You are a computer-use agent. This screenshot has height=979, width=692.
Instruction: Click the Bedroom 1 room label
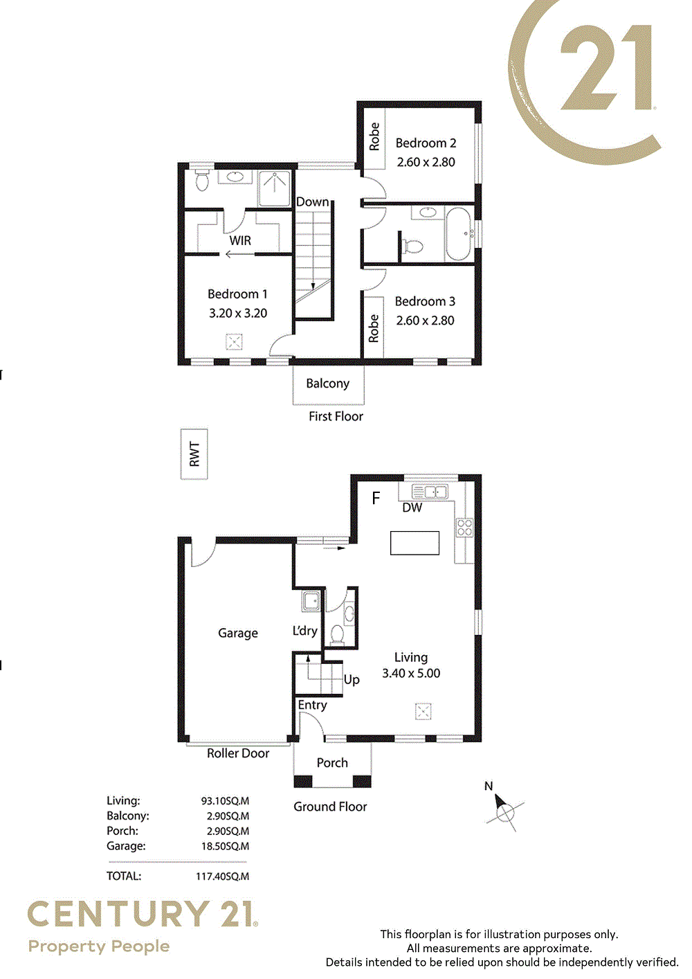[x=237, y=294]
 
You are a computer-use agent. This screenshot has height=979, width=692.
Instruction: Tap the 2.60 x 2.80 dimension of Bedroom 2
[x=426, y=162]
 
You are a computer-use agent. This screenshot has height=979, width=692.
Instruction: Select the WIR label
[x=240, y=240]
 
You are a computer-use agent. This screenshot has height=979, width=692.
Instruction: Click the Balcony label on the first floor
[x=327, y=384]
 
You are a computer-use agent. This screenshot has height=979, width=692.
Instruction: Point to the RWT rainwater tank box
[x=194, y=454]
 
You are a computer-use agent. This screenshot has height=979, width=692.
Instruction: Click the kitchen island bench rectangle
[x=415, y=543]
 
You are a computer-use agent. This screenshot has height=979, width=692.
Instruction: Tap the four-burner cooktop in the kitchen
[x=464, y=528]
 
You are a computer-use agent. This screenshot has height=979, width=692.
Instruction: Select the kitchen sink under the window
[x=430, y=492]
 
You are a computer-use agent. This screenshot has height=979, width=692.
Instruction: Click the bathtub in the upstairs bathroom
[x=459, y=234]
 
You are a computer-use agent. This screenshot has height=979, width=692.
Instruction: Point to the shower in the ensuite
[x=274, y=188]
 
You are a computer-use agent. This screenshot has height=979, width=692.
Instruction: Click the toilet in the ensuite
[x=202, y=180]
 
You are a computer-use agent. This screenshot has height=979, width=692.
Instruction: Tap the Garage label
[x=237, y=634]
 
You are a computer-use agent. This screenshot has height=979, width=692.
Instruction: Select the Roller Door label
[x=237, y=753]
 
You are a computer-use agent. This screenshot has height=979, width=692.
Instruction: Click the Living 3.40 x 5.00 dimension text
[x=411, y=673]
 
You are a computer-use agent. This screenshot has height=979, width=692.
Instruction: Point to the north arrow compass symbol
[x=504, y=811]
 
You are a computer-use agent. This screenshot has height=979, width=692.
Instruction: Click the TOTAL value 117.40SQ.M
[x=222, y=877]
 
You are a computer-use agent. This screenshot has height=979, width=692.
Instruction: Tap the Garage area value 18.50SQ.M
[x=225, y=846]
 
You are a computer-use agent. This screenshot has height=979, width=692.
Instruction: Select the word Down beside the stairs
[x=312, y=202]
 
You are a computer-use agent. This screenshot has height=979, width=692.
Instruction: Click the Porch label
[x=332, y=763]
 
